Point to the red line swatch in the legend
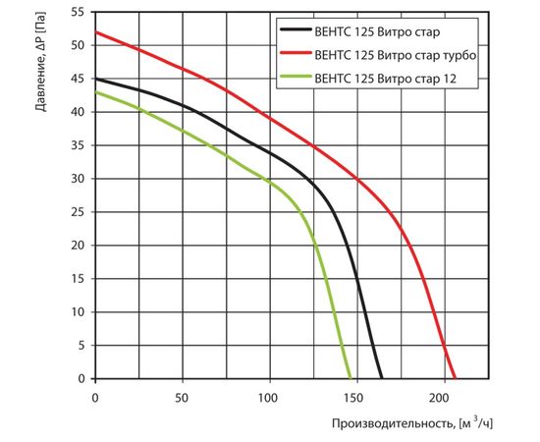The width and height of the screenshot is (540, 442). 298,58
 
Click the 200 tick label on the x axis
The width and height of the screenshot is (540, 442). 445,397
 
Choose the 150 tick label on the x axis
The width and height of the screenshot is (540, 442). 357,397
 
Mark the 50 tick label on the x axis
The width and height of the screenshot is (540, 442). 183,397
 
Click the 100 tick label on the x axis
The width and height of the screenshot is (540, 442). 270,397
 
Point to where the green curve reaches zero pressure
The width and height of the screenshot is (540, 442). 351,378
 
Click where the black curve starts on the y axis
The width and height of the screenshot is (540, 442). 95,79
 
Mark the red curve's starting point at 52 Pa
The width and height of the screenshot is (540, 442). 95,31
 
